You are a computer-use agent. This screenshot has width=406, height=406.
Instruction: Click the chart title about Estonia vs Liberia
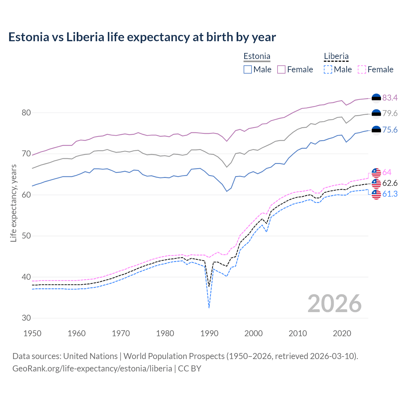point(142,37)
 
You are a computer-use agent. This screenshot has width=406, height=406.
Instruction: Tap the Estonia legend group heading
point(257,56)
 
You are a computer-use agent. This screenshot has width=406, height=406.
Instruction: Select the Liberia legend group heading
point(336,56)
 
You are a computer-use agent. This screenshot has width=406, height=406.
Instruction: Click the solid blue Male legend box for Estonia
point(248,69)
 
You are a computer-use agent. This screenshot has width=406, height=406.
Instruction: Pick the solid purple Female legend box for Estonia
point(281,69)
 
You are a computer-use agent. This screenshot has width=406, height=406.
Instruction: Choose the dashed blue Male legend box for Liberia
point(328,69)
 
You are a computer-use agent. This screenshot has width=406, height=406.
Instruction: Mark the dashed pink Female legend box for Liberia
point(362,69)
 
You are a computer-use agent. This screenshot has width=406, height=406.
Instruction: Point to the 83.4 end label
point(390,98)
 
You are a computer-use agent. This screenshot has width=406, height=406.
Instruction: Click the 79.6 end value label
point(390,113)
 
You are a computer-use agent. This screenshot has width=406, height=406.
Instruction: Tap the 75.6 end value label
point(390,130)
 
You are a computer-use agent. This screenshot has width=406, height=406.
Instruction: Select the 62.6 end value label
point(390,183)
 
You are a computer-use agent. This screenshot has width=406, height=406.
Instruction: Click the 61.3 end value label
point(390,194)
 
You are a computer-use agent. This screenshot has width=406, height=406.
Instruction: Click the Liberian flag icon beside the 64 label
point(376,173)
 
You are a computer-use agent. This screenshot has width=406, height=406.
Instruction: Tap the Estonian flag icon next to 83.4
point(376,98)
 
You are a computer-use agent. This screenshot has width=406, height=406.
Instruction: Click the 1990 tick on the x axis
point(209,333)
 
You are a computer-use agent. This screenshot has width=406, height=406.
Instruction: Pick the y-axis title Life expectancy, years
point(13,203)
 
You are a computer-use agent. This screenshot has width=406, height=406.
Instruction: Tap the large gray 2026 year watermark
point(335,304)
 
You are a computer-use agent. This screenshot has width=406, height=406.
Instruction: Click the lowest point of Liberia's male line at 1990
point(209,308)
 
